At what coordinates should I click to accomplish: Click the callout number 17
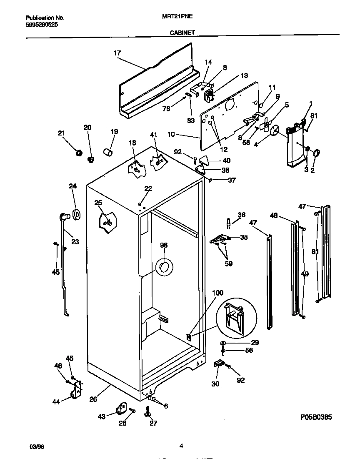[117, 53]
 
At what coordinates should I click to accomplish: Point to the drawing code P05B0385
[316, 417]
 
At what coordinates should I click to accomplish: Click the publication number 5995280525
[42, 25]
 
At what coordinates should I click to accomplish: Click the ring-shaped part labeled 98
[163, 267]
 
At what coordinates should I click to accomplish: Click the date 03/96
[37, 446]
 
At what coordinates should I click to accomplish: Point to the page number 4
[181, 446]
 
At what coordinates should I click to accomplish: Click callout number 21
[61, 133]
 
